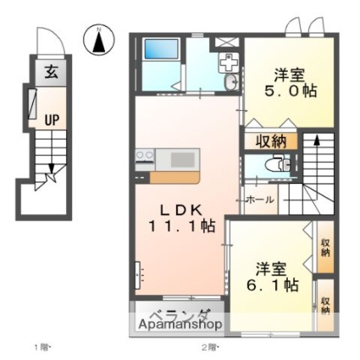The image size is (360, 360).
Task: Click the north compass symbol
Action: pos(99,40)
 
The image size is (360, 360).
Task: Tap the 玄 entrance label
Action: pos(52,72)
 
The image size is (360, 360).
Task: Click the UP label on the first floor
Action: pos(52,120)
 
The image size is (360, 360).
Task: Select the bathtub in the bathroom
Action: pos(162,49)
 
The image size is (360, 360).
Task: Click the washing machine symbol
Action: pos(229,63)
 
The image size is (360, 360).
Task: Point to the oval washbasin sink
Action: pos(232,82)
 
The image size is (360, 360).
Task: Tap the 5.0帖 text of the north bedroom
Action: pos(291,91)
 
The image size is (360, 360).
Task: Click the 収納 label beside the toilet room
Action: pos(271,141)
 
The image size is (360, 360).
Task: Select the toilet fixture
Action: pos(279,163)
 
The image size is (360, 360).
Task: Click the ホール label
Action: pos(260,200)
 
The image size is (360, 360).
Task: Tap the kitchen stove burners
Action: pos(145,155)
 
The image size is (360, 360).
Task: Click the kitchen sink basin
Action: pos(183,159)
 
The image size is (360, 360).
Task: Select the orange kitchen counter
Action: pos(174,178)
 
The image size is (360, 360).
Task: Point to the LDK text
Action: pos(182,210)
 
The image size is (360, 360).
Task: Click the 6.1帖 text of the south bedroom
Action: pos(272,285)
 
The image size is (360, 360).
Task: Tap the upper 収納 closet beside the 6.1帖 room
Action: pos(325,247)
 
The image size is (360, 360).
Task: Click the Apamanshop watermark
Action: pos(180,324)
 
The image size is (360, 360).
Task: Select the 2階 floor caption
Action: pos(211,347)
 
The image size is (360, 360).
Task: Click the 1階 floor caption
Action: pos(42,347)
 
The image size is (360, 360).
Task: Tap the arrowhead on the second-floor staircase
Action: pos(317,141)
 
